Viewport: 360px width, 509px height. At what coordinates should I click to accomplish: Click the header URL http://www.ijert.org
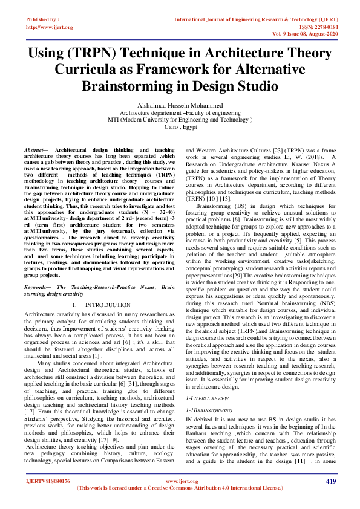point(49,27)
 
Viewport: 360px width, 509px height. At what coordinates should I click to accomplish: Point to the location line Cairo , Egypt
point(180,128)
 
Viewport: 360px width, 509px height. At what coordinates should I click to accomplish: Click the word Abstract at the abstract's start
point(35,149)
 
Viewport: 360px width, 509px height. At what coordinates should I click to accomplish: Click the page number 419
point(330,481)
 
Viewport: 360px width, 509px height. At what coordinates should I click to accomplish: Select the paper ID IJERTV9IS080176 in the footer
point(48,481)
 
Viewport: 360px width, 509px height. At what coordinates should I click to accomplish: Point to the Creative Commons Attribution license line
point(180,487)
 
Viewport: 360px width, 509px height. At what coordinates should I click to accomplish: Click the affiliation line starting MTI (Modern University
point(180,120)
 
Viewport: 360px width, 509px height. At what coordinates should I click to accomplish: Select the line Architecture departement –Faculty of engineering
point(180,112)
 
